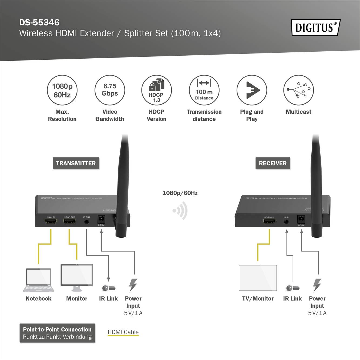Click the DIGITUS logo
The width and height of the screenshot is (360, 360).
[x=315, y=28]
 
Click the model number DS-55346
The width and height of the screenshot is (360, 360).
[x=39, y=22]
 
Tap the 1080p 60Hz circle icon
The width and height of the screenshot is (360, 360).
[x=62, y=90]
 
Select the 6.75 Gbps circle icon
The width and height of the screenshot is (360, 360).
[x=110, y=90]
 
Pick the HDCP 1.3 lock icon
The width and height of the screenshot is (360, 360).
[x=157, y=90]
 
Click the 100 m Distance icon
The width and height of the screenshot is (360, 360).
[x=204, y=90]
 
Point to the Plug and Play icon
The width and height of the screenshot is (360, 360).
[x=252, y=90]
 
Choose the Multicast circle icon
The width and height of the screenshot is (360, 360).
[x=298, y=90]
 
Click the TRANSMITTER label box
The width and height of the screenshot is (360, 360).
[x=76, y=163]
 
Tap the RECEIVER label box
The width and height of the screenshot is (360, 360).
[x=273, y=163]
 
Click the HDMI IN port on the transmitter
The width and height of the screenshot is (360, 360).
[x=51, y=221]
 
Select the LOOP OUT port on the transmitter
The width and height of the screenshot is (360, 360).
[x=69, y=221]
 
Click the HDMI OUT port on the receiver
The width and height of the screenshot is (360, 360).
[x=269, y=221]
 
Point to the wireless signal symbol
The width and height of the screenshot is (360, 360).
[x=180, y=211]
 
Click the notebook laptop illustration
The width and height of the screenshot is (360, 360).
[x=39, y=280]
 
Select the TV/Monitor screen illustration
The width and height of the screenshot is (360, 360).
[x=258, y=278]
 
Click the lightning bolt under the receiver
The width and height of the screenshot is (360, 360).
[x=317, y=285]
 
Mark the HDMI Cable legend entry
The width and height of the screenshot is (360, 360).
[x=123, y=332]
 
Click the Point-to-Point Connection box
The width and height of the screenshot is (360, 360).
[x=57, y=333]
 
